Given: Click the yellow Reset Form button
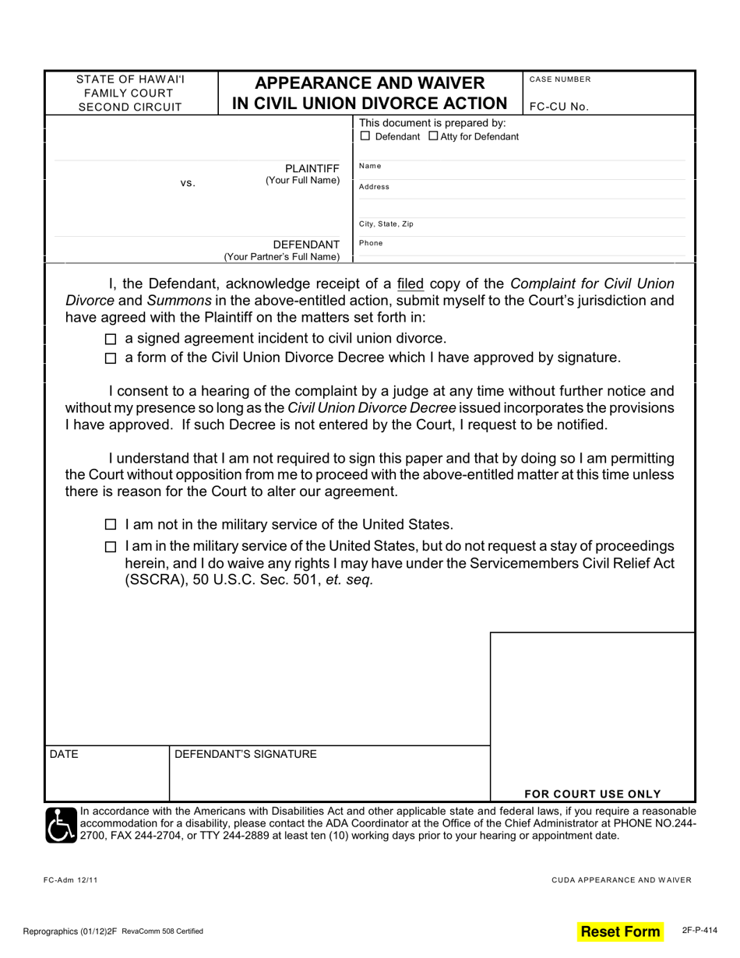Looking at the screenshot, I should point(620,932).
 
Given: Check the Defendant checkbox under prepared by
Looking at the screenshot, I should point(365,137).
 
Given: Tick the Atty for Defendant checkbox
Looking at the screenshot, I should point(433,137).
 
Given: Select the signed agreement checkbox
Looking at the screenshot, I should point(111,340).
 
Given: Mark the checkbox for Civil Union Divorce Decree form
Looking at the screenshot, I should point(111,359).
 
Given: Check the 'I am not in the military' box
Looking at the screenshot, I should point(111,526).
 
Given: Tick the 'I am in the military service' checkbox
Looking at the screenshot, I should point(111,547).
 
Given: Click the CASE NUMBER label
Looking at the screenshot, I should point(559,79).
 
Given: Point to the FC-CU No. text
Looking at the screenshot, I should point(559,107).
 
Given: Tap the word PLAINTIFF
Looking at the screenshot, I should point(312,167).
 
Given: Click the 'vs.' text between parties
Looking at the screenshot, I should point(188,183).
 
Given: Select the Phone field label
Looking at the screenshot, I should point(371,243).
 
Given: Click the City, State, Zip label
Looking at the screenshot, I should point(386,224).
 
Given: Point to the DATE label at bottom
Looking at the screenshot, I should point(64,754).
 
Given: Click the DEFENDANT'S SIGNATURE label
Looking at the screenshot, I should point(245,754).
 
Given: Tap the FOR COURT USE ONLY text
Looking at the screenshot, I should point(592,794).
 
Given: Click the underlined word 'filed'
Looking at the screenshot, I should point(411,284).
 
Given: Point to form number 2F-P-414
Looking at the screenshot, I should point(699,930).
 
